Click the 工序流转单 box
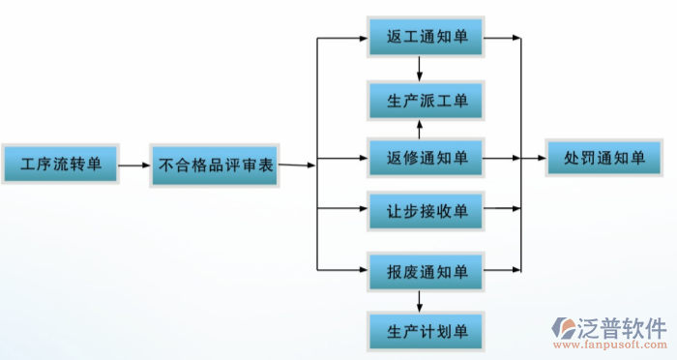point(59,163)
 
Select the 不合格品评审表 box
point(215,164)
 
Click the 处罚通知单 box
point(603,158)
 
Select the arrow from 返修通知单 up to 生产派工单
point(419,129)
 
